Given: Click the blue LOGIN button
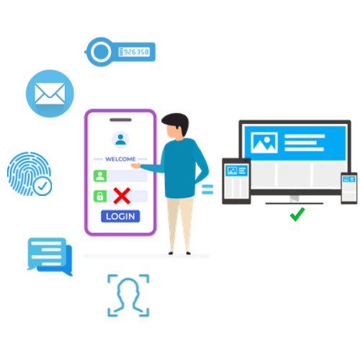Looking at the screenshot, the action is point(120,216).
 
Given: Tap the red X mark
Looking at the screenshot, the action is point(122,196).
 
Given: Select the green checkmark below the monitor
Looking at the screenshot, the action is point(297,215).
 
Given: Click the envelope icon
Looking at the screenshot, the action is point(50,94).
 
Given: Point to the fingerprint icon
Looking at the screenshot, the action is point(30,174).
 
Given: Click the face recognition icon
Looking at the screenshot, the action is point(128,295).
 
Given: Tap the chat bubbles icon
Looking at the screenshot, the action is point(50,256).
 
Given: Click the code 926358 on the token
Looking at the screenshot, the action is point(136,52).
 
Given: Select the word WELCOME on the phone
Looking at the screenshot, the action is point(120,159).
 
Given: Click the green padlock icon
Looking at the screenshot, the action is point(100,196).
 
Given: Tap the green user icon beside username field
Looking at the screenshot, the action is point(100,176).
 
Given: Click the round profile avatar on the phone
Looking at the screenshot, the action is point(120,139).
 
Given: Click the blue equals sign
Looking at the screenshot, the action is point(207,189).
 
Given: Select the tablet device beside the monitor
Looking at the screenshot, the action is point(236,181).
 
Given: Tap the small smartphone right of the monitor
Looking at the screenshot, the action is point(349,188).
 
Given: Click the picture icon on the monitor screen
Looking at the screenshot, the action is point(264,143).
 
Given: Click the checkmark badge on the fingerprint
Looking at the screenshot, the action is point(42,186).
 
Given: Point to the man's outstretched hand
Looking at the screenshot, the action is point(135,166).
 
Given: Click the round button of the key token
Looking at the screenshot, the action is point(101,52).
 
